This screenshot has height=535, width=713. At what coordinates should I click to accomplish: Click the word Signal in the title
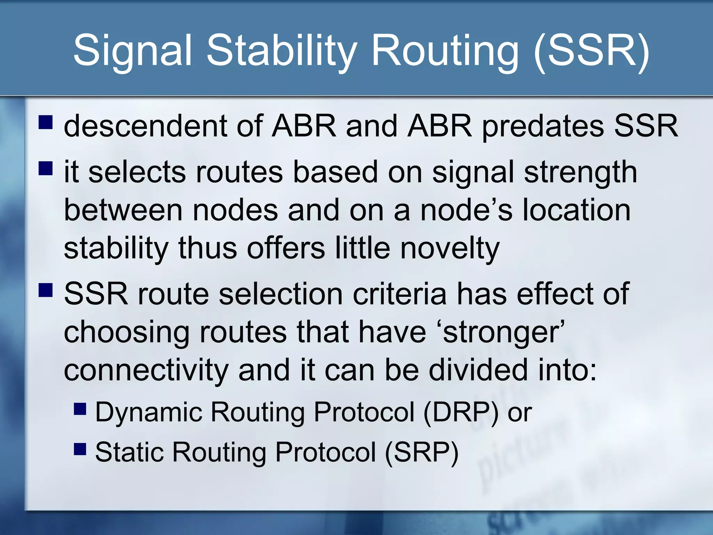[x=132, y=51]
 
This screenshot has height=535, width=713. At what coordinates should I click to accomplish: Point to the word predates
[x=543, y=126]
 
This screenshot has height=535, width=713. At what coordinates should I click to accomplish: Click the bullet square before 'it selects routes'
[x=46, y=168]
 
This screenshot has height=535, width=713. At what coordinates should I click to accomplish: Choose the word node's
[x=467, y=210]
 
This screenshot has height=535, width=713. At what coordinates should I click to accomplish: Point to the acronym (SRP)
[x=422, y=452]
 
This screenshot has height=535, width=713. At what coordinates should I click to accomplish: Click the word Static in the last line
[x=129, y=452]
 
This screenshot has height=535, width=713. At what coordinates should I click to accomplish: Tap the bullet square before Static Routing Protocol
[x=80, y=449]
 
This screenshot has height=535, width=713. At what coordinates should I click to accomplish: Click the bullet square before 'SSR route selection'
[x=46, y=289]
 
